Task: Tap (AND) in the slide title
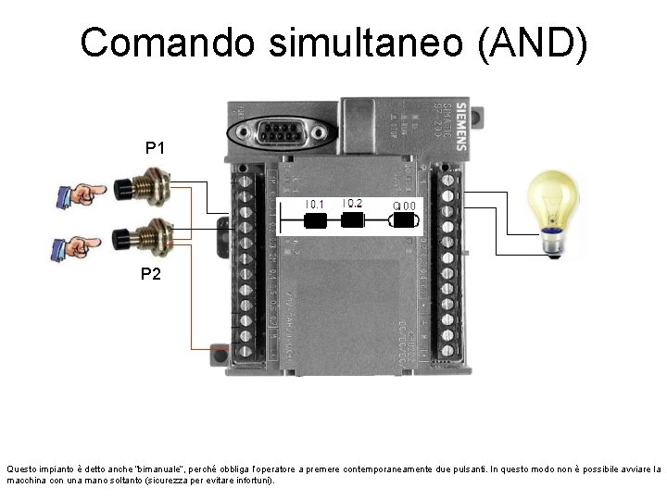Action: tap(534, 44)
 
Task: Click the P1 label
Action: tap(155, 147)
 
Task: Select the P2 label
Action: tap(151, 273)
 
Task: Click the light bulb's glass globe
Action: tap(552, 195)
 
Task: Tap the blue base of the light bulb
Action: tap(553, 243)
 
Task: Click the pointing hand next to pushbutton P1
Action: tap(80, 194)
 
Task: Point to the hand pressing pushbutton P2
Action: tap(78, 245)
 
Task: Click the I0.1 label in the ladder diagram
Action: tap(316, 204)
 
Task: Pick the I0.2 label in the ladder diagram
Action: tap(352, 203)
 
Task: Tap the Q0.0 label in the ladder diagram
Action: tap(405, 205)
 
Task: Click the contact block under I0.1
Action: tap(316, 220)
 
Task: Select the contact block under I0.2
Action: tap(352, 220)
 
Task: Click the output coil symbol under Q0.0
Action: tap(405, 220)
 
